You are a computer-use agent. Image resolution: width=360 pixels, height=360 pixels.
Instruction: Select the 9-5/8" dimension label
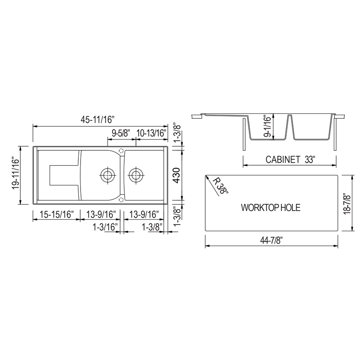tap(121, 133)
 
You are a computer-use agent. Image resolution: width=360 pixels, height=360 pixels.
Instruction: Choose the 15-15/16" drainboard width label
tap(56, 215)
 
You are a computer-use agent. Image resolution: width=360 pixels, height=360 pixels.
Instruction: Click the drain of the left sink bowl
tap(107, 175)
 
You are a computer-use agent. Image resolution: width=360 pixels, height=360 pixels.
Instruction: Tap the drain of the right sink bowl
tap(135, 175)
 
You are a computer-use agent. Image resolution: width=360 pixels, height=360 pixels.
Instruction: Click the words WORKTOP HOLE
tap(270, 208)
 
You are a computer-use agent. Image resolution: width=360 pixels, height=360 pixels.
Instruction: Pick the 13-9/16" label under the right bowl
tap(144, 215)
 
